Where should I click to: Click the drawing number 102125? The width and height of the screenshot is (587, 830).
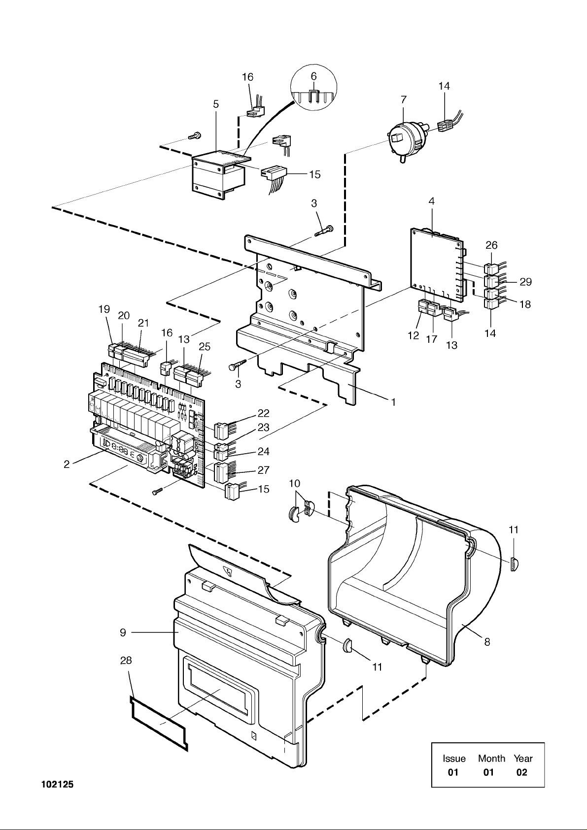(x=58, y=784)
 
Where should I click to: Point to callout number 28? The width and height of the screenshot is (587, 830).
(x=126, y=660)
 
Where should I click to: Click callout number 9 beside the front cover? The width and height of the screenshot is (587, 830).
(x=123, y=632)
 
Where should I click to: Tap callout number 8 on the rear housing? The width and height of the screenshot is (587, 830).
(x=487, y=642)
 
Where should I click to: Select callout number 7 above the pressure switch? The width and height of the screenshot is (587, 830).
(x=404, y=100)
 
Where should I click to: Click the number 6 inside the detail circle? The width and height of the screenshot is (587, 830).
(x=314, y=76)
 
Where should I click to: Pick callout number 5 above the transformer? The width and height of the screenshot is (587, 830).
(x=216, y=104)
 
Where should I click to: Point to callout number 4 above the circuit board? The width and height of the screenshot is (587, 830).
(x=431, y=201)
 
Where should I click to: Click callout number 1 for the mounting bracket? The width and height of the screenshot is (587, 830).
(x=393, y=401)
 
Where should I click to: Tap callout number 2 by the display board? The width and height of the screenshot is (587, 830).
(x=67, y=465)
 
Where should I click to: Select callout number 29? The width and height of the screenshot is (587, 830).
(x=525, y=282)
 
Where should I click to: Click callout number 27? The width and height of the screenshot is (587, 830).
(x=263, y=470)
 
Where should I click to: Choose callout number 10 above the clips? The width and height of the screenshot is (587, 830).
(x=294, y=484)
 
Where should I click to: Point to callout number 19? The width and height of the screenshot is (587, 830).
(x=104, y=309)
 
